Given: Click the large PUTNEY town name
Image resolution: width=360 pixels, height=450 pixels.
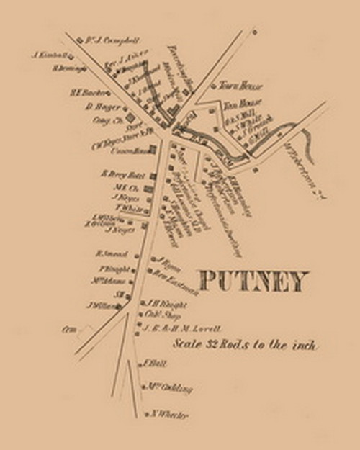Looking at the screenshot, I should point(253,281).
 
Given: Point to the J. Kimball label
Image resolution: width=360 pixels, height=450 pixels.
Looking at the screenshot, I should point(49,54).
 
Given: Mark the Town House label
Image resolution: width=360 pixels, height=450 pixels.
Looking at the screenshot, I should point(233,84).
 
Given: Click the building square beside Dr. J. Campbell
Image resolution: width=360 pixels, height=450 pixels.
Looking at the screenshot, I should point(79,40).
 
